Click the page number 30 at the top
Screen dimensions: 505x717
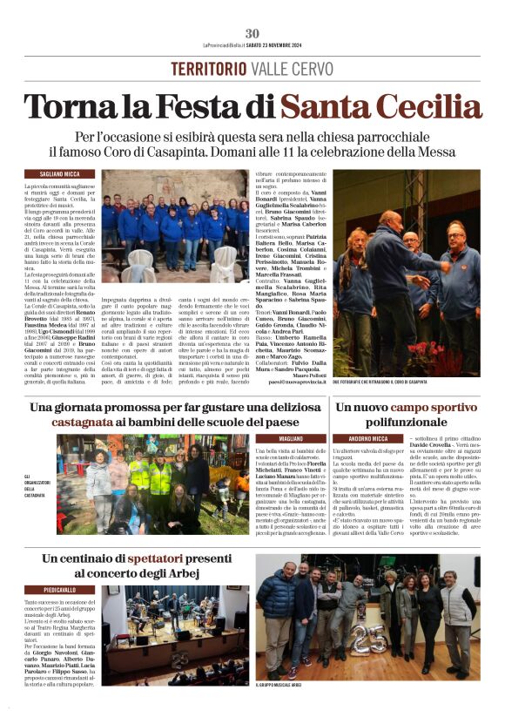tap(252, 33)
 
